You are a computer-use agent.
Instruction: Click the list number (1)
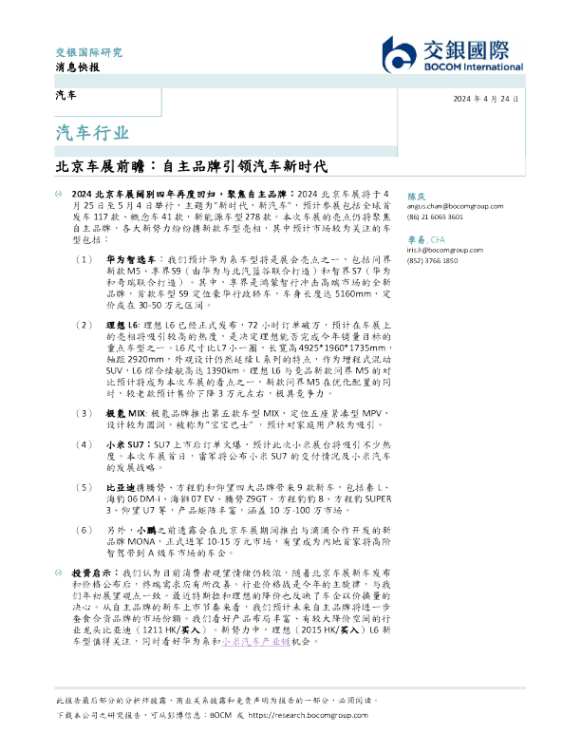point(86,258)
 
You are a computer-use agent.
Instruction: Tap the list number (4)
point(86,443)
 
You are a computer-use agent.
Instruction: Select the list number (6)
point(86,532)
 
